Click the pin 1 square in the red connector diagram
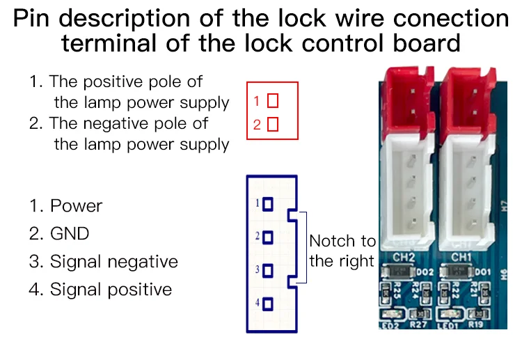point(273,101)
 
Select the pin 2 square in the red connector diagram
point(273,125)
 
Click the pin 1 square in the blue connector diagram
point(268,205)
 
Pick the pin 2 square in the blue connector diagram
point(268,237)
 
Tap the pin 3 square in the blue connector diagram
point(268,270)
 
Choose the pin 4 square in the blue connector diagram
point(268,304)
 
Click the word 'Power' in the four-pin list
point(76,206)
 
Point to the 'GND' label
point(70,233)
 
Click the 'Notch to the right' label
point(342,251)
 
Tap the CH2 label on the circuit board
point(404,258)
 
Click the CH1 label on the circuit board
point(462,258)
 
